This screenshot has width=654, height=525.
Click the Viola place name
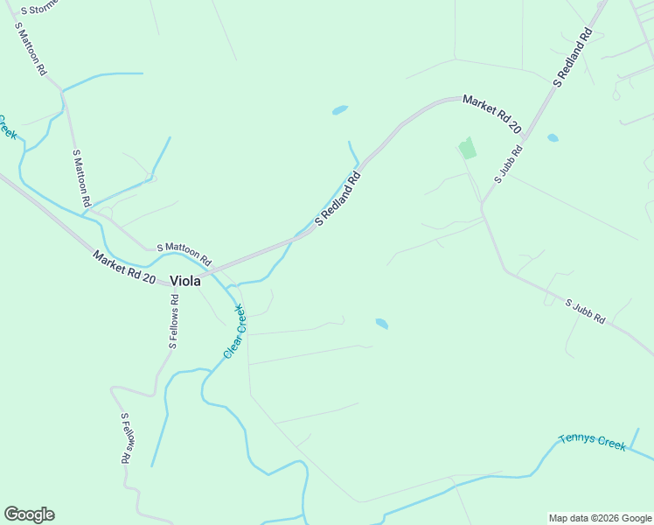click(x=184, y=281)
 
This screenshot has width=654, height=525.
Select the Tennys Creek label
click(x=593, y=441)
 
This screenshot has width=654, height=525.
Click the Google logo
click(x=29, y=514)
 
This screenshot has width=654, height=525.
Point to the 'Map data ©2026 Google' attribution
click(x=600, y=518)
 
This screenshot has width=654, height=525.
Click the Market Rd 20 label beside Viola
click(x=124, y=267)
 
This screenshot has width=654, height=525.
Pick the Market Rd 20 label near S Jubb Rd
click(x=491, y=115)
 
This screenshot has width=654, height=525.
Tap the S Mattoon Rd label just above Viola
click(x=184, y=255)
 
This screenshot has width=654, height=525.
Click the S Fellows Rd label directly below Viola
click(x=175, y=321)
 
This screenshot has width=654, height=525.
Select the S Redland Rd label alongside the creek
click(x=337, y=199)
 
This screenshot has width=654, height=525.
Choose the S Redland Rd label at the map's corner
click(x=574, y=58)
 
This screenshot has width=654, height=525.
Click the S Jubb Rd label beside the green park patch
click(x=509, y=164)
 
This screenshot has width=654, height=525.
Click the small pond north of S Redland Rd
click(x=340, y=110)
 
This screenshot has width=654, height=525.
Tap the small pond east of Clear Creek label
click(x=382, y=323)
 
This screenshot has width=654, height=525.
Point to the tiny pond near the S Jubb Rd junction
click(x=553, y=137)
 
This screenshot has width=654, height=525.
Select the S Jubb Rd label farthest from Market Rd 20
click(x=585, y=311)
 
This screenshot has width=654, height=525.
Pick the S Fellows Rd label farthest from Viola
click(x=126, y=437)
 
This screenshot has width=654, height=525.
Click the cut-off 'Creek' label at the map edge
click(x=8, y=127)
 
